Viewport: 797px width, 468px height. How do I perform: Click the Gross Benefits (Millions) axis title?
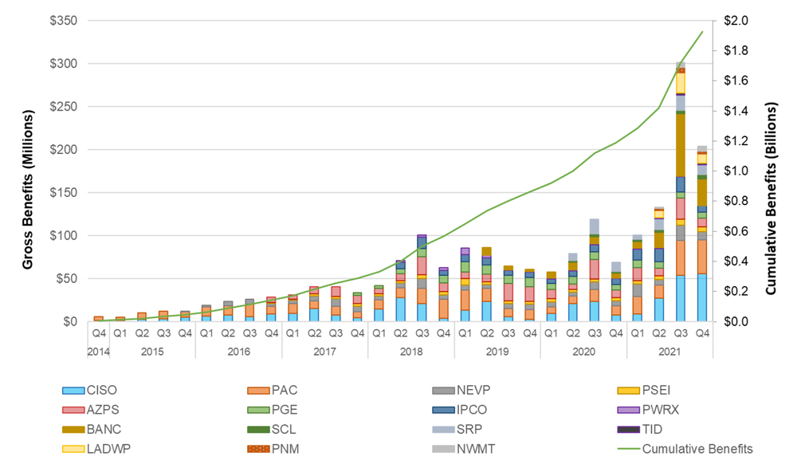(x=28, y=171)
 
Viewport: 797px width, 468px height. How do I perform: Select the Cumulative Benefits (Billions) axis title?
(x=771, y=171)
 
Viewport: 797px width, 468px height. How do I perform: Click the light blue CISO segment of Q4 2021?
(x=702, y=297)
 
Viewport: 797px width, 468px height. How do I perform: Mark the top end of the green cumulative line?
(x=702, y=32)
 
